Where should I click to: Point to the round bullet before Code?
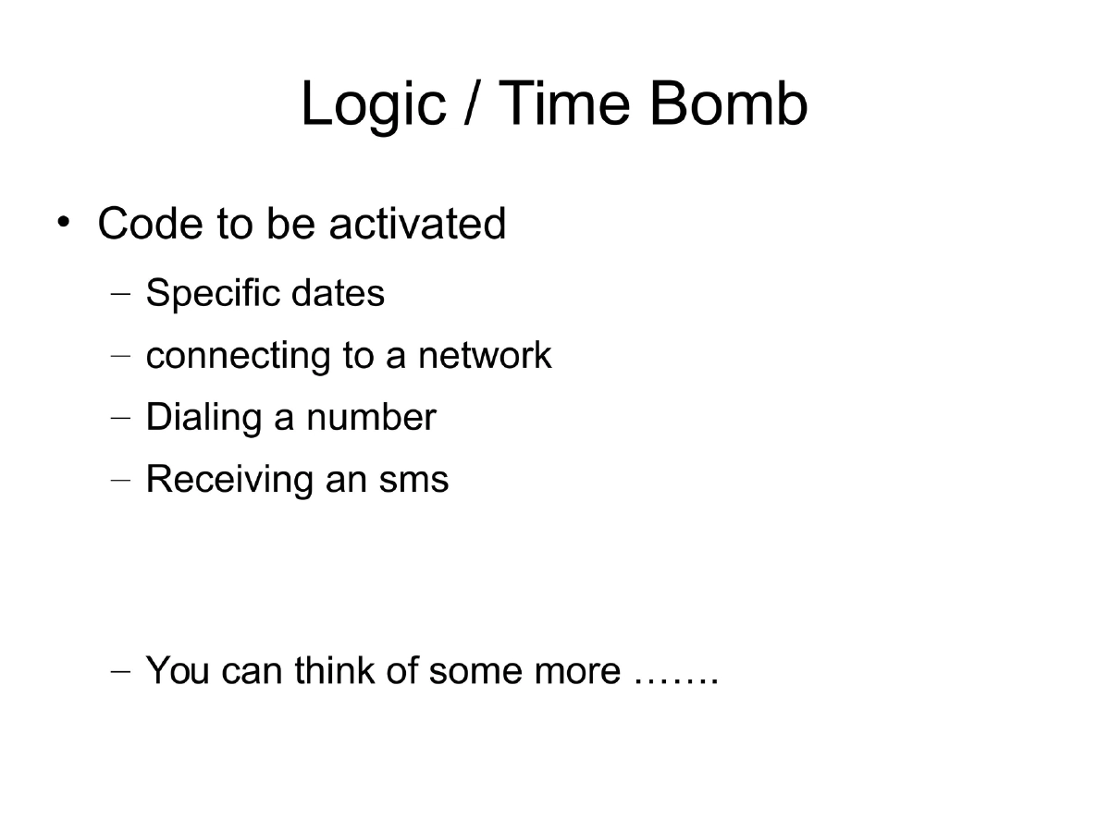tap(62, 222)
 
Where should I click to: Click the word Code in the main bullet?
tap(151, 224)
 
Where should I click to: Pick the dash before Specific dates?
tap(120, 296)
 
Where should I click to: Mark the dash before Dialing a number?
tap(120, 419)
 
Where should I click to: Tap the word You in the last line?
tap(178, 670)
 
